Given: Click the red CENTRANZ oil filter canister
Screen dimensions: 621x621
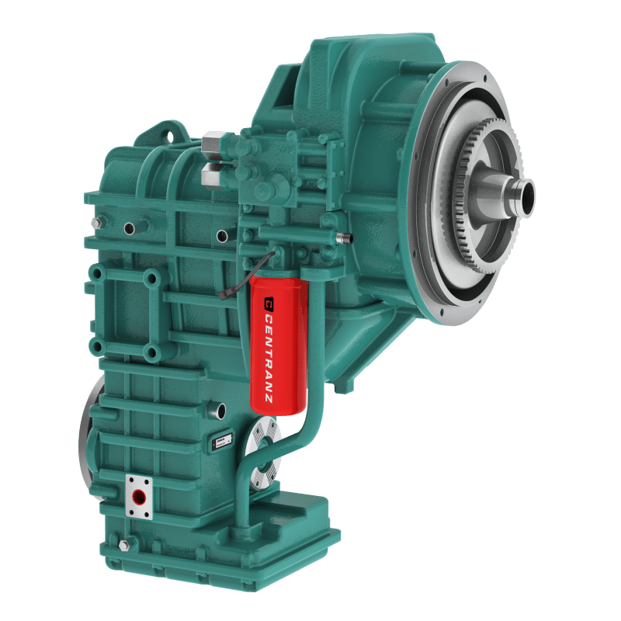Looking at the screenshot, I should [x=278, y=342].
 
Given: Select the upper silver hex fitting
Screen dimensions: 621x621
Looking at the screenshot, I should [x=212, y=143].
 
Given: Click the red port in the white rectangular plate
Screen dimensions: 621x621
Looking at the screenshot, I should [x=139, y=494].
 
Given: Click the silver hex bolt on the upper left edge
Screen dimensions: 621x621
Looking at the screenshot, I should [x=95, y=224].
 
